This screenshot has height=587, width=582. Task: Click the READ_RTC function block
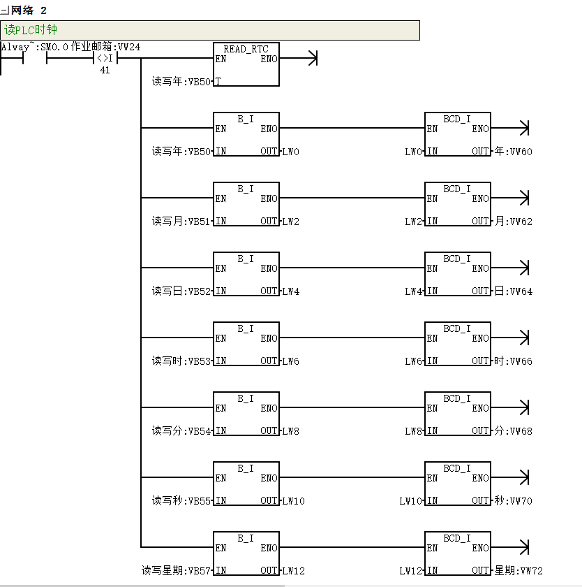point(246,64)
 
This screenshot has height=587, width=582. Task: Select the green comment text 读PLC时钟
point(31,30)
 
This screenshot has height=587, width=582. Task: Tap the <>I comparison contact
point(104,59)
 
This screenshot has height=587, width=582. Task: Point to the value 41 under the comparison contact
point(105,70)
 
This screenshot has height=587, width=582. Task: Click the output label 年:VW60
point(513,152)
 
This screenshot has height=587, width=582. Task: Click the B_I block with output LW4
point(246,274)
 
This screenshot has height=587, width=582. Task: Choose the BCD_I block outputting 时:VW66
point(457,344)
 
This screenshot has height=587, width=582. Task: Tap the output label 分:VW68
point(513,431)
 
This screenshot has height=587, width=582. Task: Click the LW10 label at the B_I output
point(293,501)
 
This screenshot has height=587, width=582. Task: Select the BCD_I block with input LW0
point(457,134)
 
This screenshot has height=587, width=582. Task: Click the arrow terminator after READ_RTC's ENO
point(313,59)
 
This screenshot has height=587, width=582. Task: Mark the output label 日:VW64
point(513,291)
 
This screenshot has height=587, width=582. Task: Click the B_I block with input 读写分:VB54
point(246,414)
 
